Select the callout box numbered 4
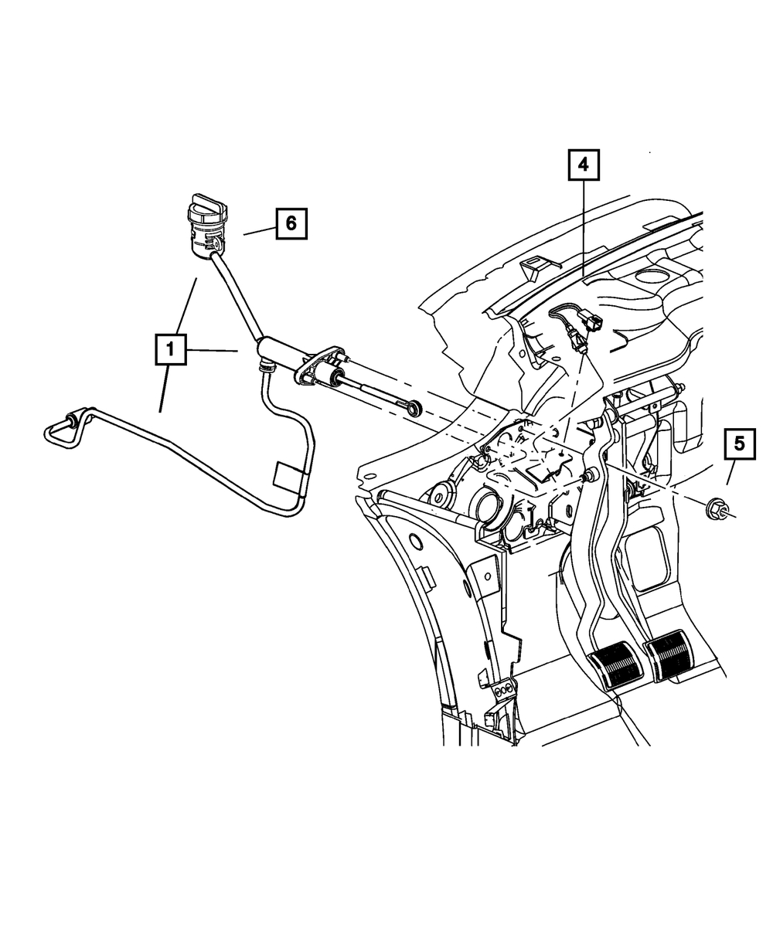point(584,165)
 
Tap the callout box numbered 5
point(740,445)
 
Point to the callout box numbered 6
point(291,223)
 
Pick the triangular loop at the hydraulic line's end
point(60,433)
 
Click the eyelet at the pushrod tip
point(416,406)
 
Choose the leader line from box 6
point(258,229)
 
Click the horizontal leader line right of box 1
point(211,351)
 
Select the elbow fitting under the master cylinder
point(265,363)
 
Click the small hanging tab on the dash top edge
point(532,269)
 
